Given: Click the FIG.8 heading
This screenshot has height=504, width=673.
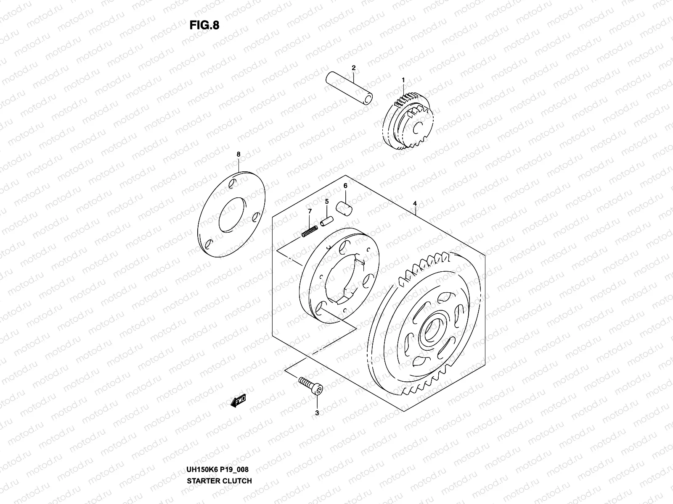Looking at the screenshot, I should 204,26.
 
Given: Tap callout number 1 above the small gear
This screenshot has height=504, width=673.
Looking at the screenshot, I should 403,80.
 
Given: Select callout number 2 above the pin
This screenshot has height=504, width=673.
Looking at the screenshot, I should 354,68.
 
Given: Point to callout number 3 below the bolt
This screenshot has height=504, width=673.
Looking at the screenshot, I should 317,413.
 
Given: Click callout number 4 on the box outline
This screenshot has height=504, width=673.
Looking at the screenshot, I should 415,203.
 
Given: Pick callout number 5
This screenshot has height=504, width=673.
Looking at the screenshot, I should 326,202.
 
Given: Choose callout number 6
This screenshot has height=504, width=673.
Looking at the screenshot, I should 345,186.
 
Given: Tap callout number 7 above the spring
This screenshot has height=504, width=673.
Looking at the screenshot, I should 310,211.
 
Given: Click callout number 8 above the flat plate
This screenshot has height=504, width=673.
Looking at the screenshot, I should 238,154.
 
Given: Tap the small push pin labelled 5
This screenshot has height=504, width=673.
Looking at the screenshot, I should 327,220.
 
